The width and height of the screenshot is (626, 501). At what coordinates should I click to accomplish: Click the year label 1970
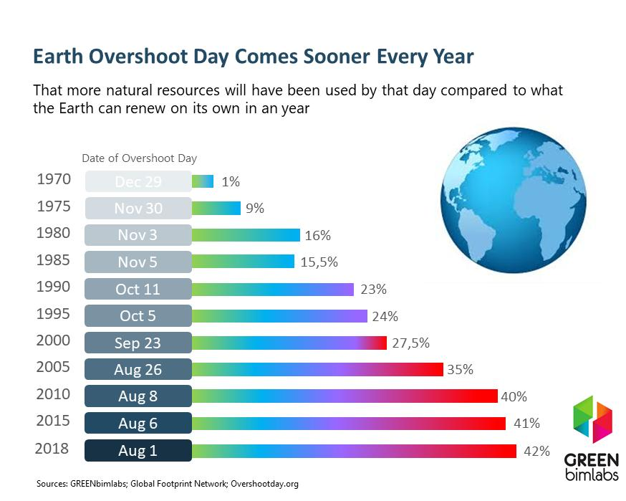click(54, 179)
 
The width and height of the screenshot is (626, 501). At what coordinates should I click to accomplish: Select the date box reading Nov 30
click(138, 208)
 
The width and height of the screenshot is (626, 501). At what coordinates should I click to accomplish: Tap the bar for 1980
click(246, 235)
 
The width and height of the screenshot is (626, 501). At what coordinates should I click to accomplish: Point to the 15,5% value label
click(319, 262)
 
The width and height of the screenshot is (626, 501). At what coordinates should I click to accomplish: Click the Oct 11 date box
click(138, 289)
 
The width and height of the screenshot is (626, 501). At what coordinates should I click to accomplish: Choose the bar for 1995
click(279, 316)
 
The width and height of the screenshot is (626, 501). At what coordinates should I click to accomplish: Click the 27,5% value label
click(410, 343)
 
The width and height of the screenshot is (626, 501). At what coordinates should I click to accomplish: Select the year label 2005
click(53, 367)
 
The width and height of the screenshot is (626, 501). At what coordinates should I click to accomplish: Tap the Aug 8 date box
click(138, 396)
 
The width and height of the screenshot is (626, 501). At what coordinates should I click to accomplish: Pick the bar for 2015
click(349, 423)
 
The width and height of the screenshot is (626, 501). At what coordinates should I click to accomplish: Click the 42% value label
click(536, 451)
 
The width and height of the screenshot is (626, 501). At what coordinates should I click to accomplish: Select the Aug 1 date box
click(138, 450)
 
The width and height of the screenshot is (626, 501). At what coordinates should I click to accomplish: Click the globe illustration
click(514, 200)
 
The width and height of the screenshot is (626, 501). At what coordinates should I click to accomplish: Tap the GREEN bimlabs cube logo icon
click(592, 419)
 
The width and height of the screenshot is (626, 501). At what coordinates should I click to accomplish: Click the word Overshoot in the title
click(138, 57)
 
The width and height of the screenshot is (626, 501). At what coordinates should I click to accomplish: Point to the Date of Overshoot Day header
click(140, 158)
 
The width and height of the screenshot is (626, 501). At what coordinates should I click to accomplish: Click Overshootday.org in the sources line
click(264, 484)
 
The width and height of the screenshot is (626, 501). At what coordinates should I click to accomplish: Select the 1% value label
click(231, 182)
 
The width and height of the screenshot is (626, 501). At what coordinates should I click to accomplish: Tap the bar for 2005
click(317, 370)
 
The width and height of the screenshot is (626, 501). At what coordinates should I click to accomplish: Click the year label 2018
click(52, 449)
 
